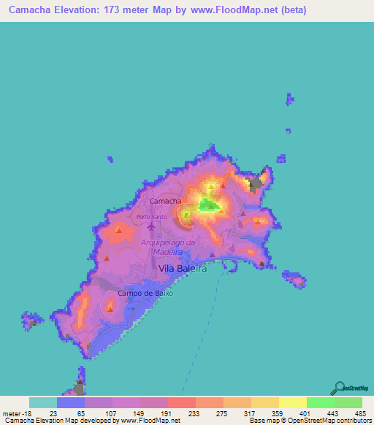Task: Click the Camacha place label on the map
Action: [x=164, y=200]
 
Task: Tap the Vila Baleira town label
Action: [x=183, y=269]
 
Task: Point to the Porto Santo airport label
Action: [x=152, y=216]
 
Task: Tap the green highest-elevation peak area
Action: [x=210, y=207]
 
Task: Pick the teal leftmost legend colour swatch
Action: [x=43, y=402]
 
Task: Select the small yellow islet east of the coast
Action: [x=294, y=279]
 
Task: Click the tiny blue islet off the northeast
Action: [x=290, y=99]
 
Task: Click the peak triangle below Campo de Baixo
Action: [x=110, y=309]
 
